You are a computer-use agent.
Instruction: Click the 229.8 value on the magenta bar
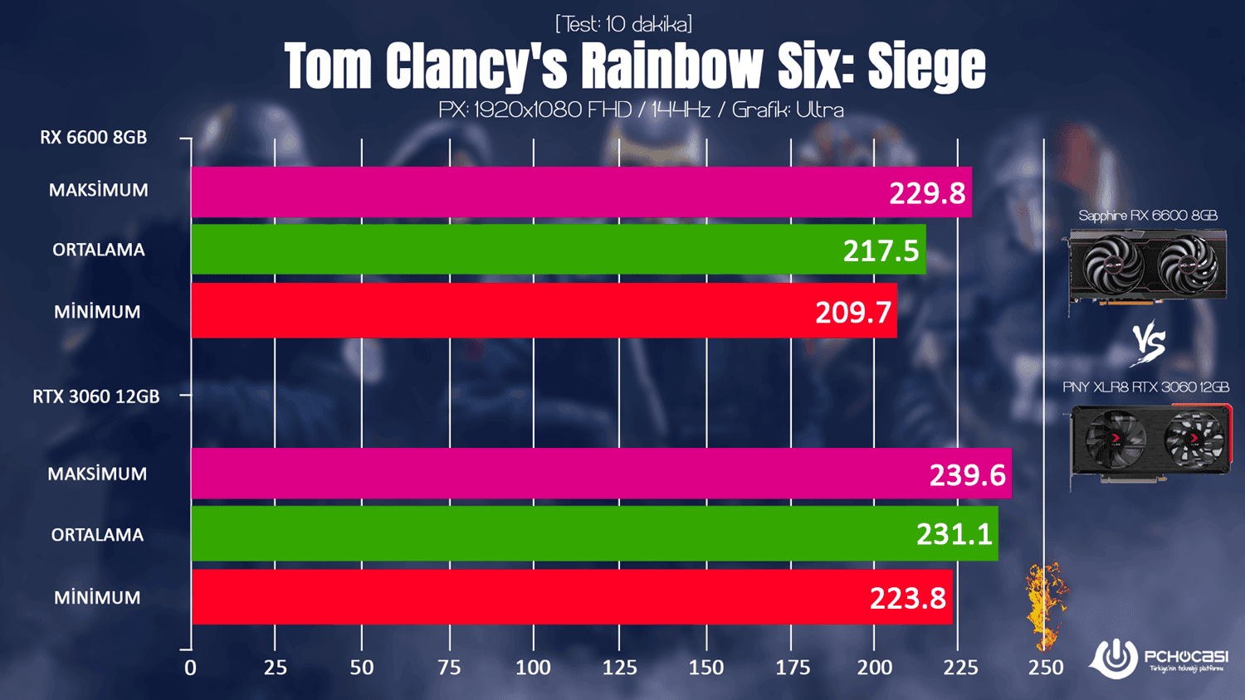926,193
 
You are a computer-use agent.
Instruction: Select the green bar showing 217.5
558,249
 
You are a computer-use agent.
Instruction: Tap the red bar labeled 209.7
544,311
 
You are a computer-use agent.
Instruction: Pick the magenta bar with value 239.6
601,474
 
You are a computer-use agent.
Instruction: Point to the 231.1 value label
954,534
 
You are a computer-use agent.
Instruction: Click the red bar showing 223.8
571,596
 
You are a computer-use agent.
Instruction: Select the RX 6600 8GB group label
93,138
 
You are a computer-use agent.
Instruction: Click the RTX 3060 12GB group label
96,396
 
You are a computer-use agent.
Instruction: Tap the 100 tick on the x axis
533,668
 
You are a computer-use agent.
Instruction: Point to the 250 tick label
1045,668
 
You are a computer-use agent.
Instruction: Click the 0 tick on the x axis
191,668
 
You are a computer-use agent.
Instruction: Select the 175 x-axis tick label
792,668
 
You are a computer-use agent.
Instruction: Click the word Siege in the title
926,66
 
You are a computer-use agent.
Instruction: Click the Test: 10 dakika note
623,24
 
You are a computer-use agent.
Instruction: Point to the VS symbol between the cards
1149,343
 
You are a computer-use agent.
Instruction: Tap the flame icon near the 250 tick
1044,605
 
